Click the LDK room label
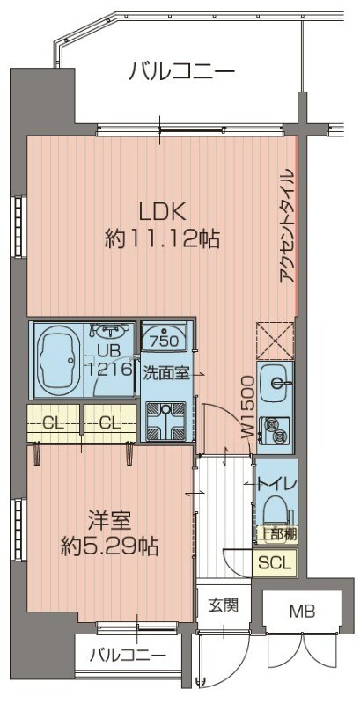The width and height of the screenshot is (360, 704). click(x=159, y=212)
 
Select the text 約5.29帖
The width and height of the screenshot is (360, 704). click(x=110, y=546)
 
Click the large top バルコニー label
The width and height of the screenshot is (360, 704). click(x=181, y=70)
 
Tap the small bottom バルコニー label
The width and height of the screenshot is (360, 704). click(x=129, y=655)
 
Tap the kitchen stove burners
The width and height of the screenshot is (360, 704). click(x=278, y=430)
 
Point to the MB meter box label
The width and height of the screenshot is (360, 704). click(x=302, y=611)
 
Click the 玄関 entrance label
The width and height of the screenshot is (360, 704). click(x=223, y=605)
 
